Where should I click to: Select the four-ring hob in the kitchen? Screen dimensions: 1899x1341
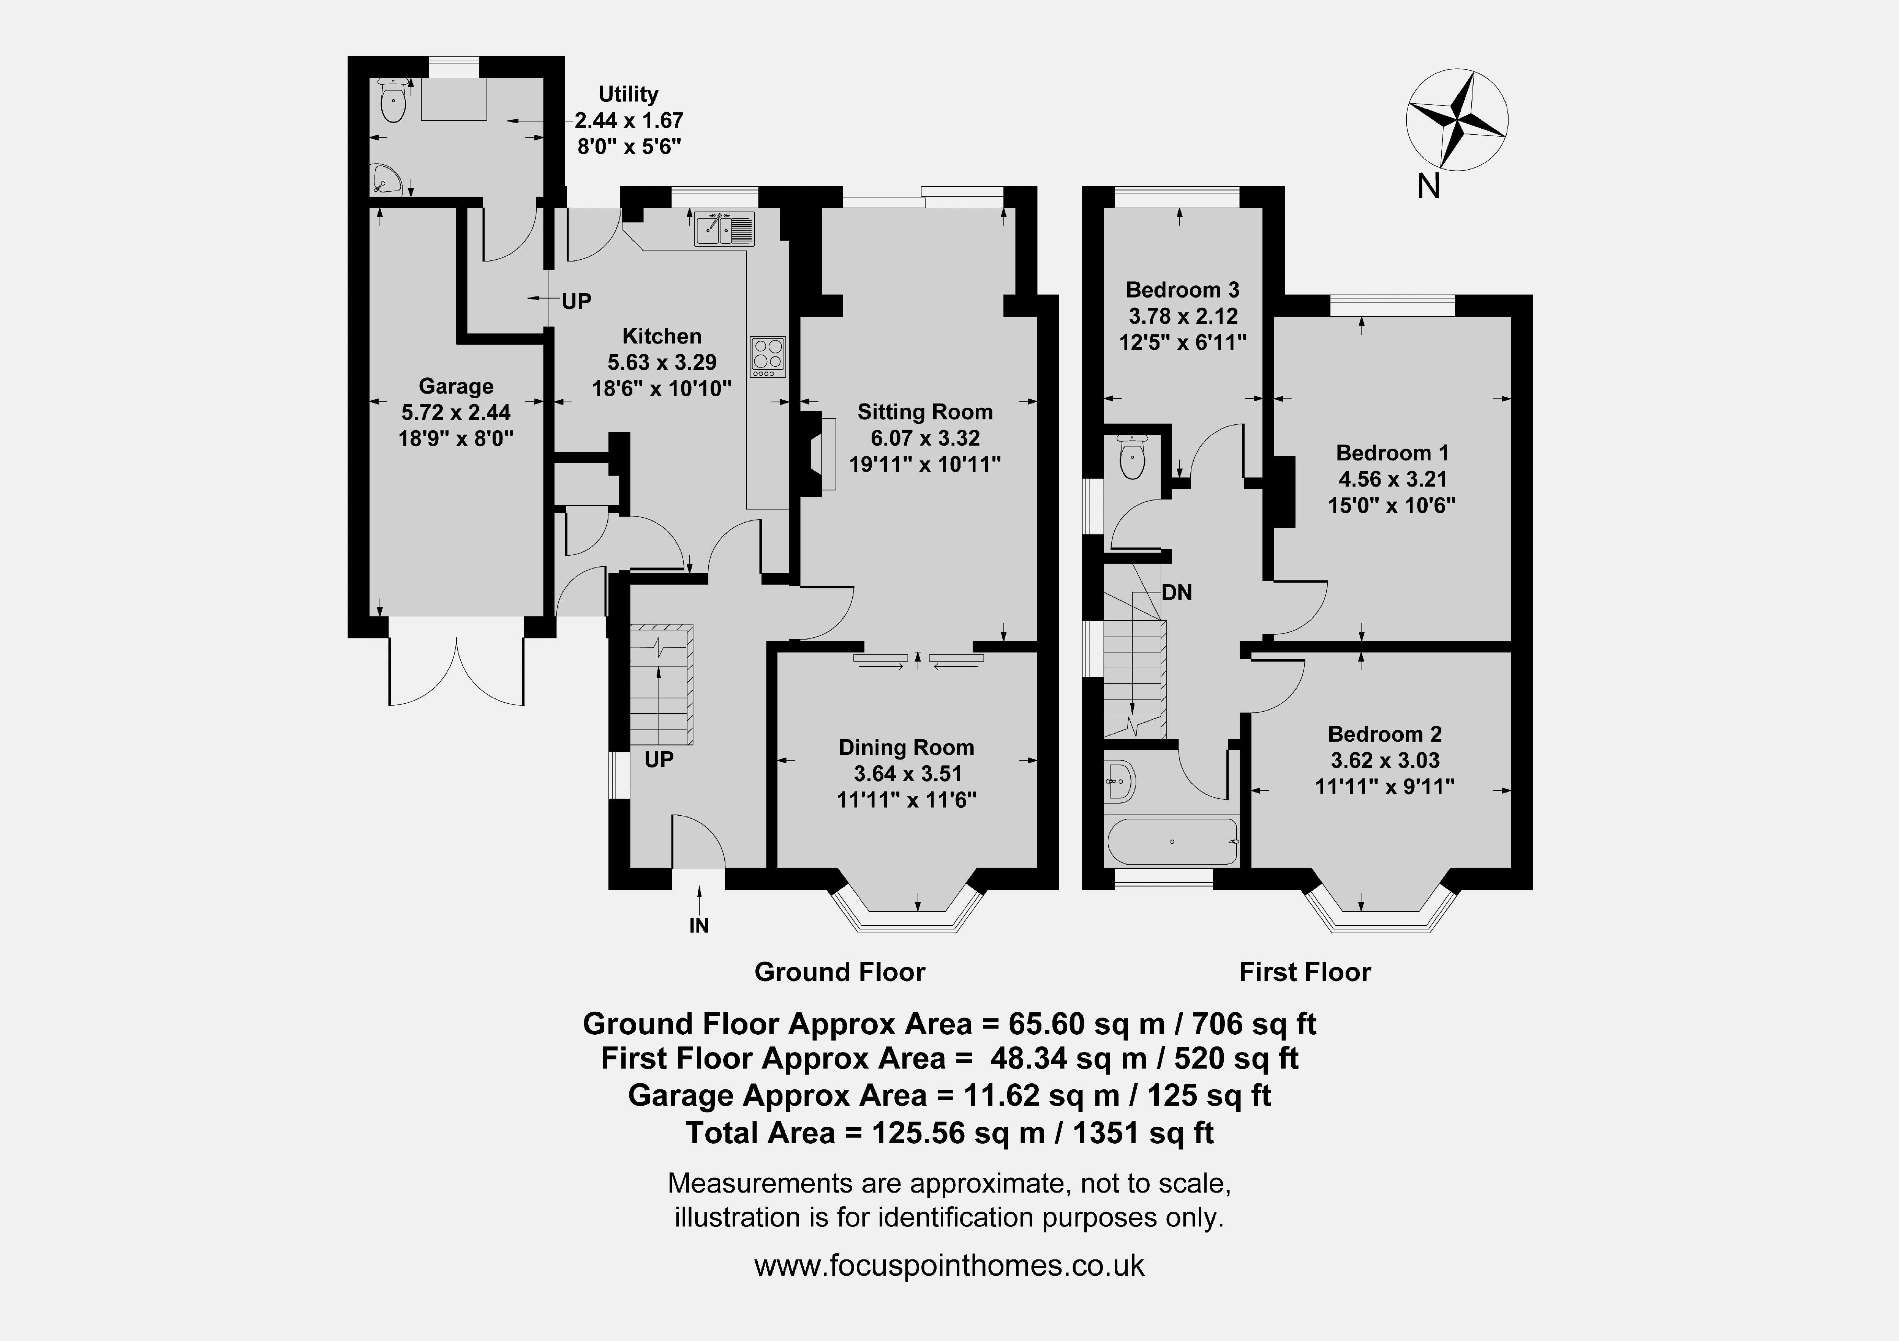[768, 356]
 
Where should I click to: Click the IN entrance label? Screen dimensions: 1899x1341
[699, 926]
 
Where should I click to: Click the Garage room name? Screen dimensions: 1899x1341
[456, 386]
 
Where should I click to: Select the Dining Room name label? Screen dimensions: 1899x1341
[907, 747]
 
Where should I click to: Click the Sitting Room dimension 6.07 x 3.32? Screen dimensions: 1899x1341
[925, 438]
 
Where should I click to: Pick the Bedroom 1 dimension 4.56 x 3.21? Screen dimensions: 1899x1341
[1393, 479]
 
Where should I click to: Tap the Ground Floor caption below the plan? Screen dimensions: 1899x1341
[839, 972]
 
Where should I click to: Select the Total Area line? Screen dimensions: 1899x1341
[950, 1133]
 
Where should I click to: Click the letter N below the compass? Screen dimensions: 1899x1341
[1428, 187]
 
